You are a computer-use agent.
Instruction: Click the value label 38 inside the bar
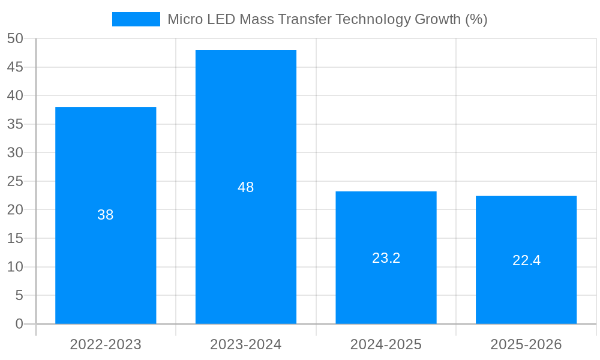click(106, 215)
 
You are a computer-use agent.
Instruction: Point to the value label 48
click(246, 187)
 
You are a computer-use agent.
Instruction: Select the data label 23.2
click(386, 258)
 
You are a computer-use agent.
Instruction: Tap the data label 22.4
click(526, 260)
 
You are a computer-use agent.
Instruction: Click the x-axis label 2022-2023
click(106, 344)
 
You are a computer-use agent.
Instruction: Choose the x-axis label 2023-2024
click(246, 344)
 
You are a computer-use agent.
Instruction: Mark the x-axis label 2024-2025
click(386, 344)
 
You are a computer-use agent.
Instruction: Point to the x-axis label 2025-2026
click(526, 344)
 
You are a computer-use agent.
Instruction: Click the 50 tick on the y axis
click(15, 38)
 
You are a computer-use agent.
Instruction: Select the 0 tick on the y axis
click(19, 324)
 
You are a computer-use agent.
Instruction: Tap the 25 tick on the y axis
click(15, 181)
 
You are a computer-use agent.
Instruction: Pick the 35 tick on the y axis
click(15, 124)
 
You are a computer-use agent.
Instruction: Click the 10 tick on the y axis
click(15, 267)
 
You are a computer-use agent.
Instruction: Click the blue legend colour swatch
click(136, 19)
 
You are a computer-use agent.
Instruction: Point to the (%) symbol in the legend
click(476, 19)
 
